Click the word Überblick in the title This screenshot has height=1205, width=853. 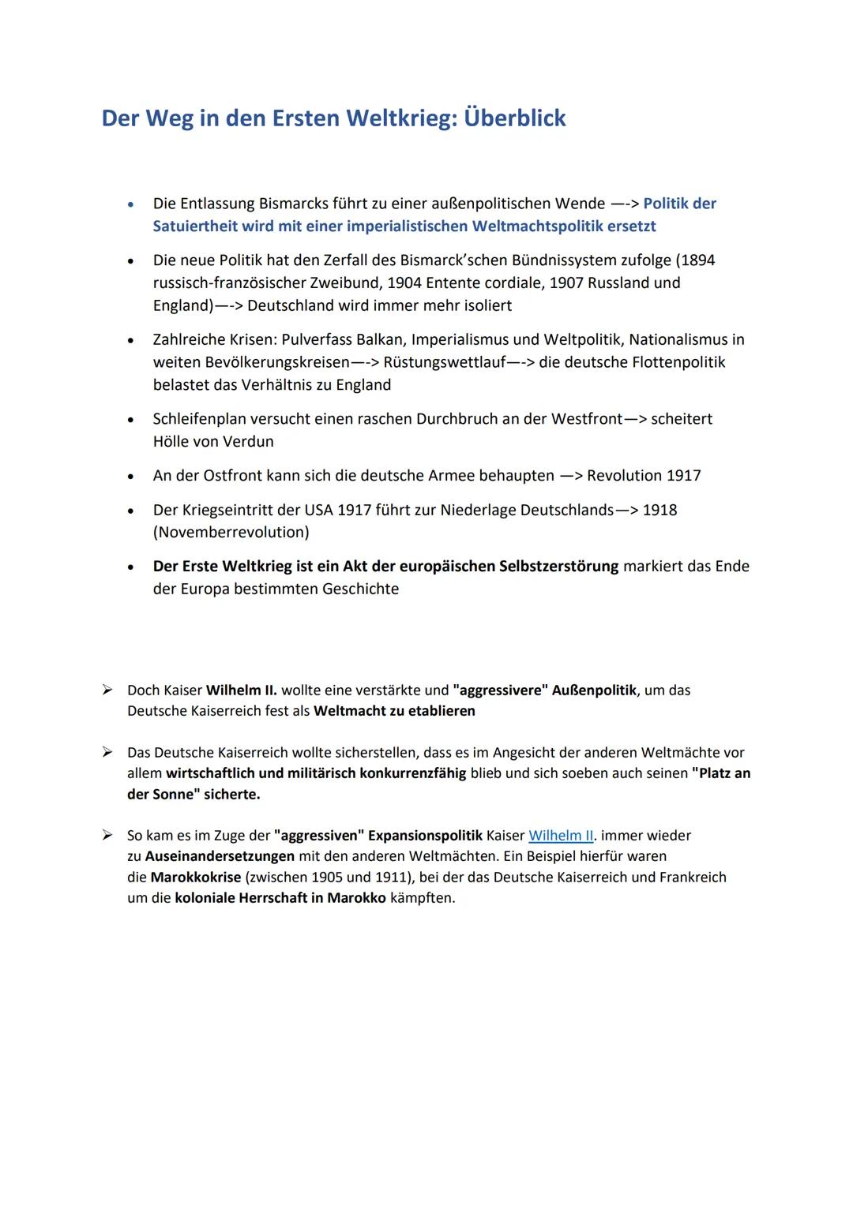click(x=514, y=118)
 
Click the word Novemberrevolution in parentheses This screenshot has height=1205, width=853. click(x=231, y=533)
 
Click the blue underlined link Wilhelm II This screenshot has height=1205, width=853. click(x=561, y=836)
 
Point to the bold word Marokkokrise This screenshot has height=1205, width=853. click(x=195, y=878)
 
